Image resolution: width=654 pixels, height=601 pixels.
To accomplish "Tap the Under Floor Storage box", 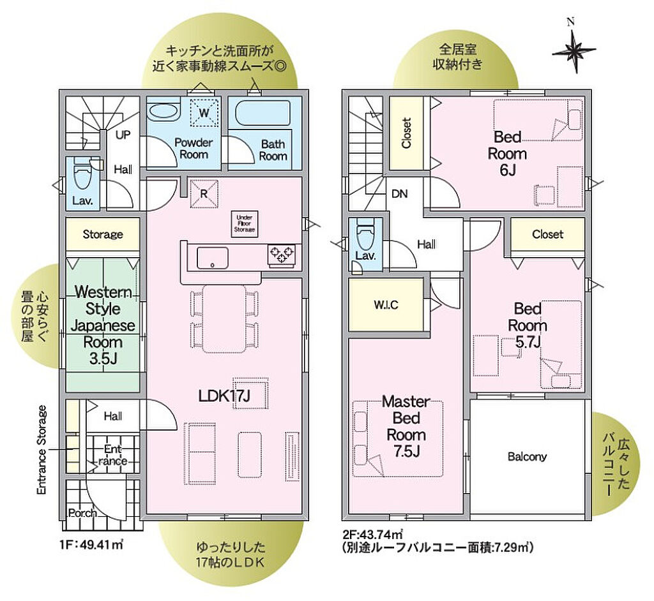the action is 245,224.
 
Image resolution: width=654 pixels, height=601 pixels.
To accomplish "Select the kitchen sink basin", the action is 213,258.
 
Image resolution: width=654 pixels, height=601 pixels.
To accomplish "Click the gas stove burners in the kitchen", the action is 282,254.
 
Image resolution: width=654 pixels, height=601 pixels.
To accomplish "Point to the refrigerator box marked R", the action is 204,193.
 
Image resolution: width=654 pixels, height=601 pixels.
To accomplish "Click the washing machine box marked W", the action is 204,112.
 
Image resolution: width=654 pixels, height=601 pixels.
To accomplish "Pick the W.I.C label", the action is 386,305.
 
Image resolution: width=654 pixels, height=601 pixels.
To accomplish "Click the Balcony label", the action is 527,457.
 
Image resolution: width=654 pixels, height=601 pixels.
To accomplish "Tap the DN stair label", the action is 400,194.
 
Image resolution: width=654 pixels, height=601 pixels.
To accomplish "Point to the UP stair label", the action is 123,135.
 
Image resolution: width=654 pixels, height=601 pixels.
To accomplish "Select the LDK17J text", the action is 224,396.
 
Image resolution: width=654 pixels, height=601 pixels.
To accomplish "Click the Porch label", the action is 82,513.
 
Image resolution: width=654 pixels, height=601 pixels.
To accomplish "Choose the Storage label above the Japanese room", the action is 103,234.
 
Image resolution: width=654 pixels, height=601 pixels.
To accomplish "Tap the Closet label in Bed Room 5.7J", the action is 547,234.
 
